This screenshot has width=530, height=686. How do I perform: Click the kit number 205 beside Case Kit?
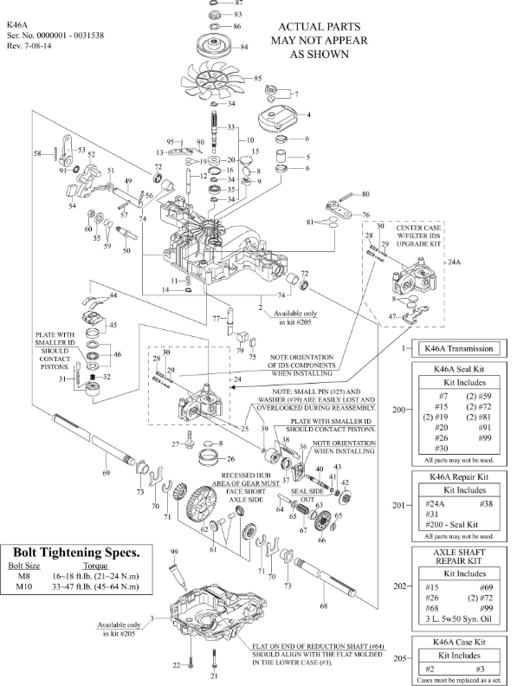point(400,658)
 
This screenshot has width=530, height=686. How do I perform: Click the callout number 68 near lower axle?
point(324,605)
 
